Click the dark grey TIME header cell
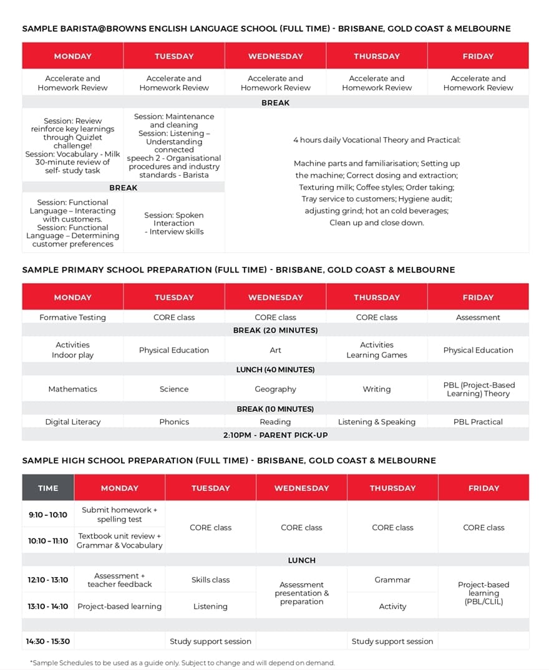click(48, 488)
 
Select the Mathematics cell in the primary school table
click(72, 389)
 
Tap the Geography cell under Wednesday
click(275, 389)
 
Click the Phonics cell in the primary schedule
click(174, 422)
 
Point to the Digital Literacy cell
click(72, 422)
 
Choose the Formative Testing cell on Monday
click(72, 318)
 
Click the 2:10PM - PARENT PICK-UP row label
click(275, 435)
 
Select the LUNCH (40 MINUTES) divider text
click(275, 369)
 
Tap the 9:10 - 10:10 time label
click(48, 515)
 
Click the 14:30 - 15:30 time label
click(48, 641)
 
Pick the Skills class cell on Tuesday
click(210, 580)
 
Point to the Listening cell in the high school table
click(210, 606)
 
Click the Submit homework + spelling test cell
click(120, 515)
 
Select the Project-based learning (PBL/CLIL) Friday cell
click(483, 593)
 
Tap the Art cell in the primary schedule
click(275, 350)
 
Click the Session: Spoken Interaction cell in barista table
click(174, 223)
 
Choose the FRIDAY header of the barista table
click(478, 56)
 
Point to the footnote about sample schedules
click(182, 663)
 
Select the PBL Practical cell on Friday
click(478, 422)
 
